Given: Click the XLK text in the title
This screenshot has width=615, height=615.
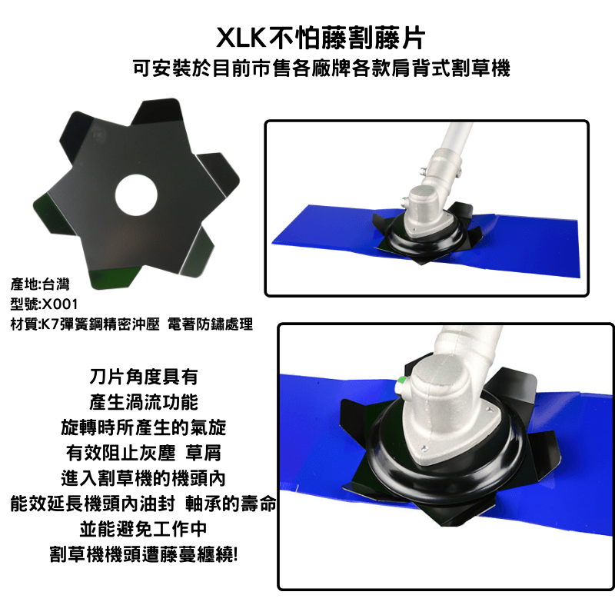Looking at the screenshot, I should coord(241,37).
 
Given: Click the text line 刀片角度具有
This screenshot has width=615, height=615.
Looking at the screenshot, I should coord(144,377).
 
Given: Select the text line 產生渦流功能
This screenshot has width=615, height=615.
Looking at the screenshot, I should coord(144,402).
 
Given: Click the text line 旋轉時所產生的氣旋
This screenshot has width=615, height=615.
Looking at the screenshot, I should coord(144,427).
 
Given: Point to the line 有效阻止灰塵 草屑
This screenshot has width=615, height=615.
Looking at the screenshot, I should coord(144,452).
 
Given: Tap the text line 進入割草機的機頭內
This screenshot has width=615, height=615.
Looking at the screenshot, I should coord(144,477).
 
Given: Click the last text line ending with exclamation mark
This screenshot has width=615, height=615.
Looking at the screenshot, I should coord(144,553).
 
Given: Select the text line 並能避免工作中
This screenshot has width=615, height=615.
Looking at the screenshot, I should coord(144,528).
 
